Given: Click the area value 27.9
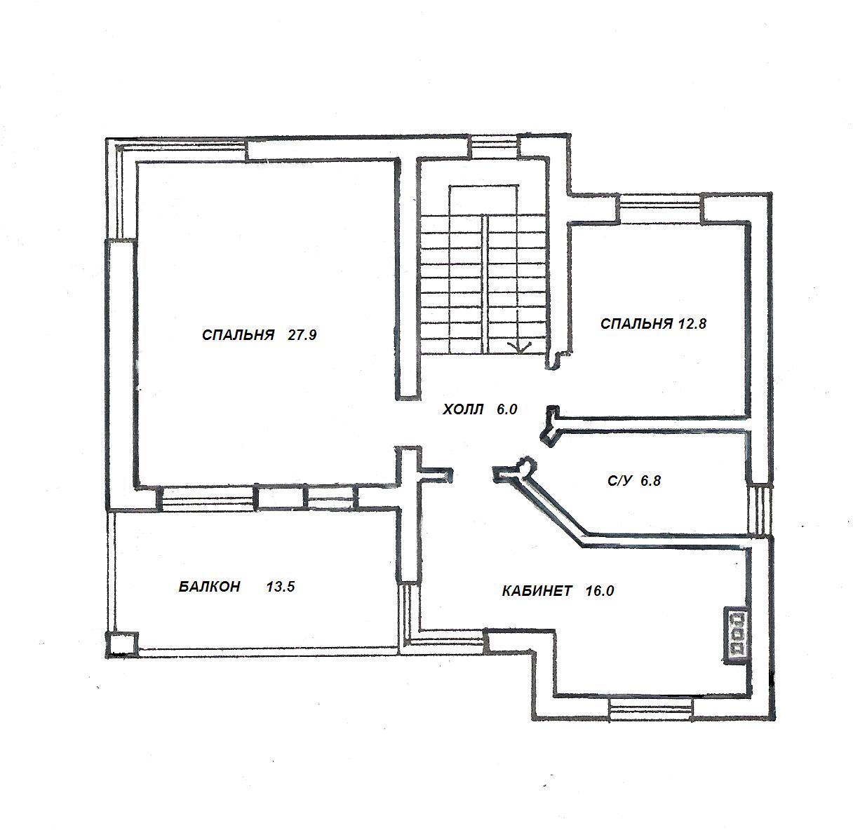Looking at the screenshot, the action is point(302,335).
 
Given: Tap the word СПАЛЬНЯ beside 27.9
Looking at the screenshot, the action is point(238,335).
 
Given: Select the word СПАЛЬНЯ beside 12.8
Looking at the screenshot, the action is point(636,324).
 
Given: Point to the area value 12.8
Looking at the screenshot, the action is point(692,324).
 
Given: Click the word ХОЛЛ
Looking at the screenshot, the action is point(463,409).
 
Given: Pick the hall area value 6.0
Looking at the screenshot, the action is point(506,409).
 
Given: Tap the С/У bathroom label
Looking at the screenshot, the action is point(620,481).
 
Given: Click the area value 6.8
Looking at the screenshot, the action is point(650,481).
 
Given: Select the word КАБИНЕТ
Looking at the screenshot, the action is point(537,591).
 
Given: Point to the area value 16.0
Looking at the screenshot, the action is point(600,591).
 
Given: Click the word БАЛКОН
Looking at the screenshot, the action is point(209,587).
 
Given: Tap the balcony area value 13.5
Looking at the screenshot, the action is point(281,587).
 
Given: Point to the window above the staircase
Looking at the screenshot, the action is point(494,148).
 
